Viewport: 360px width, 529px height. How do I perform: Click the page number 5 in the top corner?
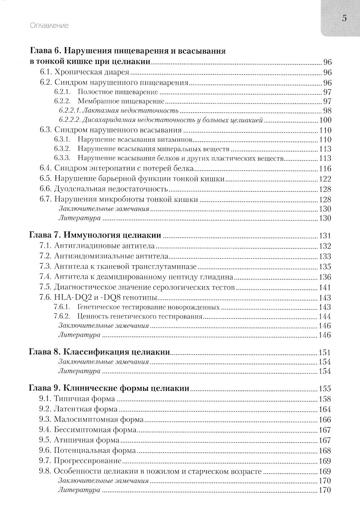[344, 18]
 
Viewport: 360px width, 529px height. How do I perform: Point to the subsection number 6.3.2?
[62, 149]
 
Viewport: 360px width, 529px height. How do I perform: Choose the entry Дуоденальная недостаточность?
[111, 189]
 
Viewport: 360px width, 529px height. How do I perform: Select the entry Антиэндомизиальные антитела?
[111, 256]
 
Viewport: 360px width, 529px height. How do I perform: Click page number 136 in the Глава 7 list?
[325, 277]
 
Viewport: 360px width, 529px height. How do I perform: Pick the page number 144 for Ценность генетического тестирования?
[325, 317]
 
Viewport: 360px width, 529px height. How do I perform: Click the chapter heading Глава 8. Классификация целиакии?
[99, 352]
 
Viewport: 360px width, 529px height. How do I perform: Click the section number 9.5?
[46, 440]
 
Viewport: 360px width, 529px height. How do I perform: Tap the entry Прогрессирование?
[87, 461]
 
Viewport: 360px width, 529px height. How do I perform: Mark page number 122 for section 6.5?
[325, 179]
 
